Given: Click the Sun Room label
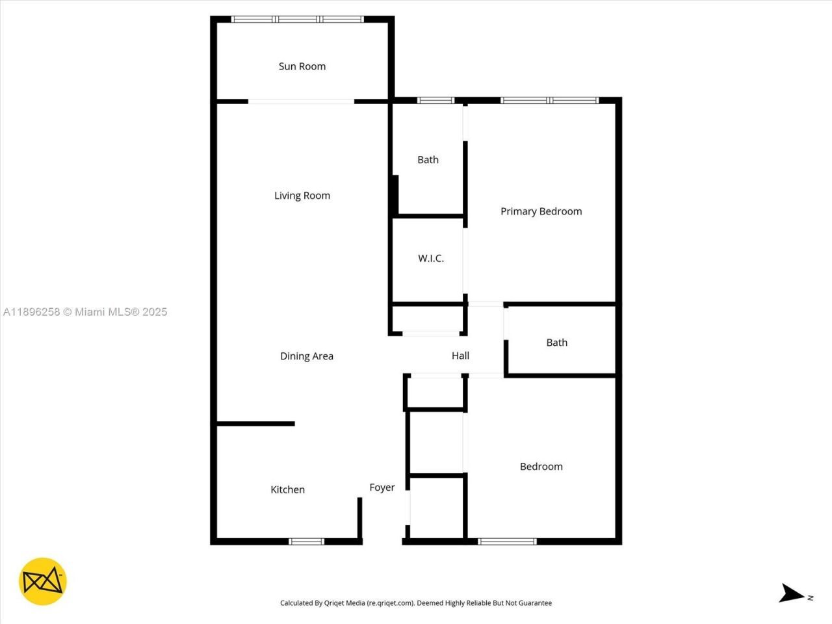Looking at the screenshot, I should pyautogui.click(x=302, y=66).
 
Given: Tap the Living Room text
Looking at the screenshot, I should pyautogui.click(x=302, y=196).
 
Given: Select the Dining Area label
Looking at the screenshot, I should pyautogui.click(x=306, y=356).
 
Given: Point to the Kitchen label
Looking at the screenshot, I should pyautogui.click(x=287, y=490).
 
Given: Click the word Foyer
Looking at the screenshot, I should pyautogui.click(x=382, y=487).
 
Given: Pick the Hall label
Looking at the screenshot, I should pyautogui.click(x=460, y=356).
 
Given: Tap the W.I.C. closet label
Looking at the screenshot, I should pyautogui.click(x=431, y=259).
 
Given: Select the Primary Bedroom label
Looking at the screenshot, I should pyautogui.click(x=541, y=211).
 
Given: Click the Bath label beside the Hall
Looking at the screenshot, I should pyautogui.click(x=556, y=343).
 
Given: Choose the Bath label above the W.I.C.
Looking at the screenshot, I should pyautogui.click(x=428, y=160).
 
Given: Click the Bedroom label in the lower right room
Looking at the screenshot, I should pyautogui.click(x=541, y=467).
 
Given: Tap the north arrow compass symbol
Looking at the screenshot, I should pyautogui.click(x=792, y=593).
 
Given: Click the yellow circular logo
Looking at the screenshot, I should pyautogui.click(x=42, y=581).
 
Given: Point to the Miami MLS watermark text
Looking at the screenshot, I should pyautogui.click(x=85, y=312).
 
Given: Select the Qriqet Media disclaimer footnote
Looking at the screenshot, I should pyautogui.click(x=415, y=603).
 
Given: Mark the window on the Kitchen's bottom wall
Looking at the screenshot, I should pyautogui.click(x=306, y=541).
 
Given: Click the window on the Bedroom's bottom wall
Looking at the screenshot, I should pyautogui.click(x=507, y=541).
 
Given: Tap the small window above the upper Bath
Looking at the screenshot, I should pyautogui.click(x=435, y=100).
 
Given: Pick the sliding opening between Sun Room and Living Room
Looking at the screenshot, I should pyautogui.click(x=301, y=101).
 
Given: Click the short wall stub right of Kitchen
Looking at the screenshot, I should pyautogui.click(x=359, y=519).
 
